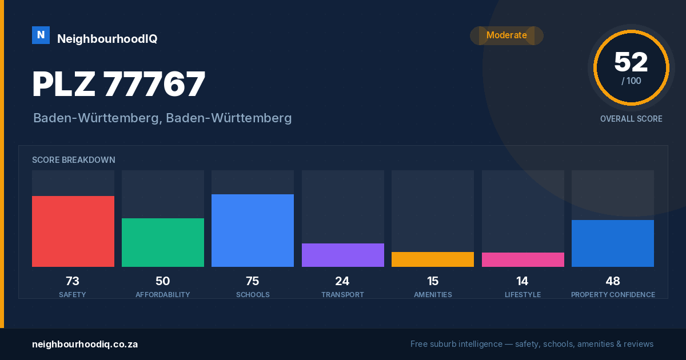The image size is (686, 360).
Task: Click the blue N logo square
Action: coord(41,35)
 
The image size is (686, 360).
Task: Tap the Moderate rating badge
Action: coord(506,35)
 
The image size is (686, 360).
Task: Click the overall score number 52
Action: coord(631,62)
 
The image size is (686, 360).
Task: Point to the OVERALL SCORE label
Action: coord(631,119)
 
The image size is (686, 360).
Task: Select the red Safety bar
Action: coord(73,231)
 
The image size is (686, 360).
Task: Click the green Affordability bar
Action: coord(163,242)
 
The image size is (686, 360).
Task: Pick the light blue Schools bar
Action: coord(253,230)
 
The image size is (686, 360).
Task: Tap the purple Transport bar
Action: coord(343,255)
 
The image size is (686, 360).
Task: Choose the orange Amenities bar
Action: coord(433,259)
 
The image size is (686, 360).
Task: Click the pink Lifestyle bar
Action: coord(523,259)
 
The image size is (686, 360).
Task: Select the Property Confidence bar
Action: coord(613,243)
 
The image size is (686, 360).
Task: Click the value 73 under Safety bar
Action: coord(73,281)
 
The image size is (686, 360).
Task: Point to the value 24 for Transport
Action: coord(342,281)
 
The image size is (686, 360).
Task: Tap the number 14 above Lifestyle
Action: coord(522,281)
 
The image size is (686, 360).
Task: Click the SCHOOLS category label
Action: coord(253,294)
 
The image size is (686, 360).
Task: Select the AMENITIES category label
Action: coord(433,294)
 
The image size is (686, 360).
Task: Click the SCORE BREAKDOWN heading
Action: coord(74,160)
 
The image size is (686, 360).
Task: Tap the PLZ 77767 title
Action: coord(119,83)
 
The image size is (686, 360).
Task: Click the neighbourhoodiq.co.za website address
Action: coord(85,344)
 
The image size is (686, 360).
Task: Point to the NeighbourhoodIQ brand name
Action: coord(107,39)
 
